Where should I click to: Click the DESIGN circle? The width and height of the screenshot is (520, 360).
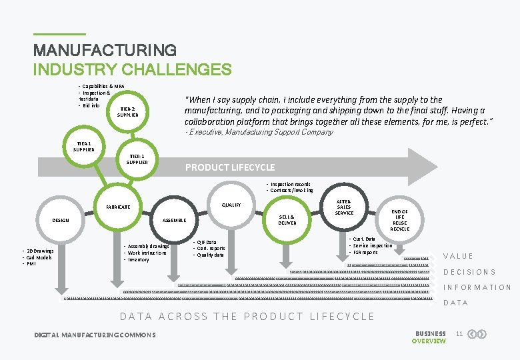61,220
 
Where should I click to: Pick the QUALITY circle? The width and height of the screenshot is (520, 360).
232,205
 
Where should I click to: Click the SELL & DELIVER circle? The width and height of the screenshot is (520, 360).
287,219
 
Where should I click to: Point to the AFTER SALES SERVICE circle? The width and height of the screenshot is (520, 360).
344,207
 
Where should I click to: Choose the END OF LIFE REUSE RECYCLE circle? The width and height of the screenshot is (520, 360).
399,220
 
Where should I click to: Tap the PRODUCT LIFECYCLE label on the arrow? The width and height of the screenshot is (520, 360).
229,167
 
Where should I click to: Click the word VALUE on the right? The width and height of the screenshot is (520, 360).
458,256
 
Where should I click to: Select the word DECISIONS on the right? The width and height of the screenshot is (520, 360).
469,272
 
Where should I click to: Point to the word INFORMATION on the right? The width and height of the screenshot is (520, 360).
477,287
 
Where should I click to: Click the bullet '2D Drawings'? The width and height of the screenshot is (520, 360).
41,251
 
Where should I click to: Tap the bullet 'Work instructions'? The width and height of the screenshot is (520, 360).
148,253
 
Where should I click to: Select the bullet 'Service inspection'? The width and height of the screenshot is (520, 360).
373,245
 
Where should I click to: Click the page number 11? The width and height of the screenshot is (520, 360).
459,333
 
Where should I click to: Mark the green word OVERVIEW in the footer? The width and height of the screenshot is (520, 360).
429,341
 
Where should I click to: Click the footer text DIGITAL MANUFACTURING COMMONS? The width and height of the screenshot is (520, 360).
95,334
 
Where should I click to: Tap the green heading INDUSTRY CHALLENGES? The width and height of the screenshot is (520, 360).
133,69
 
